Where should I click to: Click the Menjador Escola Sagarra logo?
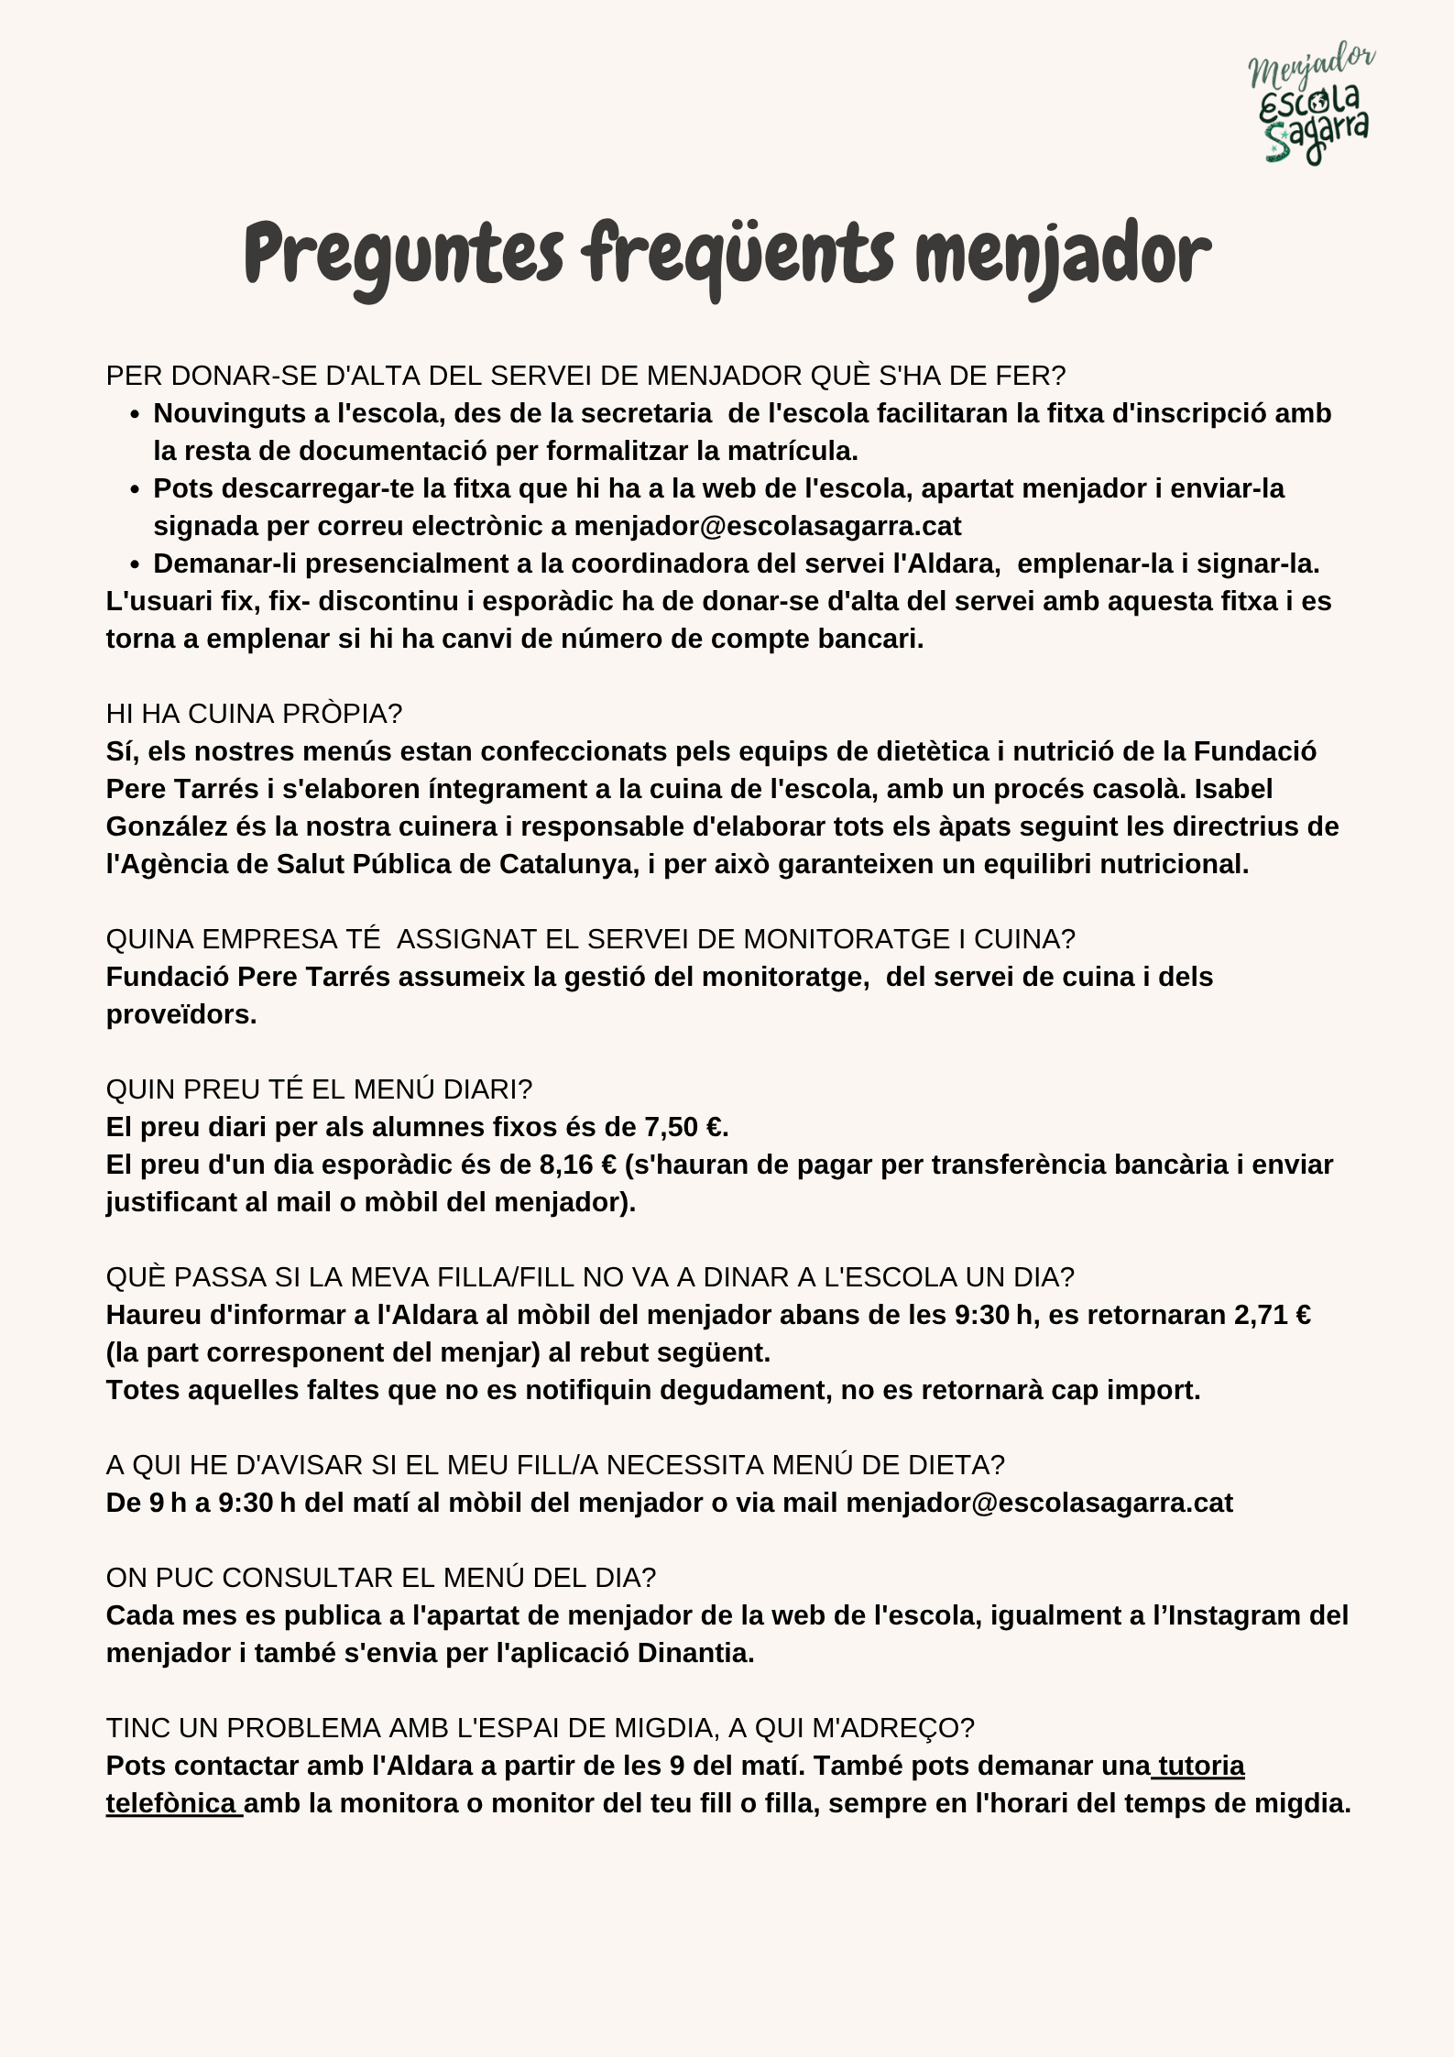[1311, 103]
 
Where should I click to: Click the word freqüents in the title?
[738, 255]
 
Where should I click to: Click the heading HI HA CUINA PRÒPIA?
[254, 714]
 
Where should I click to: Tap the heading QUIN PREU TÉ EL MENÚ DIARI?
[319, 1089]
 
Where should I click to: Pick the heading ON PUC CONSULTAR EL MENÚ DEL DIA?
[381, 1578]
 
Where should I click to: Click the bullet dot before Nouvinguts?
[135, 415]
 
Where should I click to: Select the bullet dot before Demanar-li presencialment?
[135, 565]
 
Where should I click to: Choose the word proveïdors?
[180, 1014]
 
